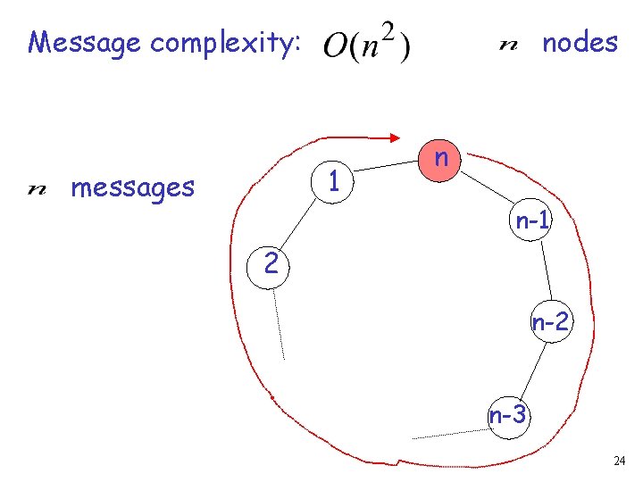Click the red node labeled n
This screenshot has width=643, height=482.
[440, 160]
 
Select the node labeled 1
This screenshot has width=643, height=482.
[332, 182]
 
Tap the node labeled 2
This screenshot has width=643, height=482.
[271, 264]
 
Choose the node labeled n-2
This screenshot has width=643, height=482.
[549, 323]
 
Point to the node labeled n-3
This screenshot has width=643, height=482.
[508, 415]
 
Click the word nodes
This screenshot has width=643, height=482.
[580, 42]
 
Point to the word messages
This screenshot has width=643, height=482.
[132, 187]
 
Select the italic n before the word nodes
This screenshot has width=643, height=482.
[507, 44]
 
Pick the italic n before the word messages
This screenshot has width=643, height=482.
[38, 188]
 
